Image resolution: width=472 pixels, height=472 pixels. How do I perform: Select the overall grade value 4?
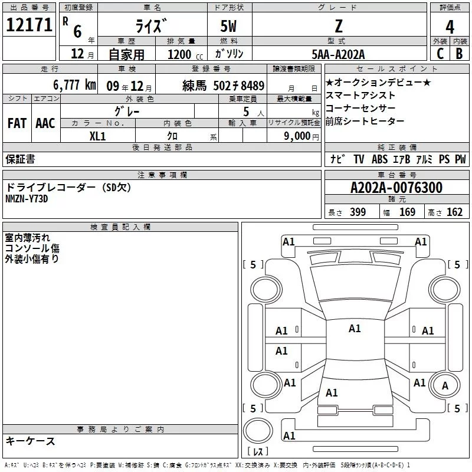tap(450, 27)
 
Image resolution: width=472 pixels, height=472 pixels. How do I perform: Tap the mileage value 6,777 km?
tap(74, 84)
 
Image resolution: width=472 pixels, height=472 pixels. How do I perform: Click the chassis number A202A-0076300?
tap(396, 188)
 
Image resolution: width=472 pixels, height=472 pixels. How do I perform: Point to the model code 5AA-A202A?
tap(338, 54)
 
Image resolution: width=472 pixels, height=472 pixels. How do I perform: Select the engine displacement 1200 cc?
tap(180, 54)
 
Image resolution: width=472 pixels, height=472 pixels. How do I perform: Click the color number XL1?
tap(97, 135)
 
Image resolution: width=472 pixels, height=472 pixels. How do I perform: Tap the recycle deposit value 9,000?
tap(297, 136)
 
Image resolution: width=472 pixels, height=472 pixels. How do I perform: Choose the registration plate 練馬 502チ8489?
tap(224, 85)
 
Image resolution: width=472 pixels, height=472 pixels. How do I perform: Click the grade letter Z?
tap(337, 27)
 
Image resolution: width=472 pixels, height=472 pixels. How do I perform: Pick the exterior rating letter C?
tap(439, 54)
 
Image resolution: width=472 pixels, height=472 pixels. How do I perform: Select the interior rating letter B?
tap(459, 54)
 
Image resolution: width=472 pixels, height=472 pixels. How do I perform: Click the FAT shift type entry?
tap(17, 123)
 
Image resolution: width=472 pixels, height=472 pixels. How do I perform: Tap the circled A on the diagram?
tap(445, 385)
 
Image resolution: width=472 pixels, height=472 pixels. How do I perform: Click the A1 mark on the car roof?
tap(355, 329)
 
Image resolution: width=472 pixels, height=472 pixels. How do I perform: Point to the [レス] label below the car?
tap(258, 452)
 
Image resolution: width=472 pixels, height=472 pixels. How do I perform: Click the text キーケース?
tap(31, 441)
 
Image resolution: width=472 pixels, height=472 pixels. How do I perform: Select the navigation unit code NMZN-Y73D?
tap(27, 199)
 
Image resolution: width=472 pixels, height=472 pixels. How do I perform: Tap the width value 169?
tap(408, 212)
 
